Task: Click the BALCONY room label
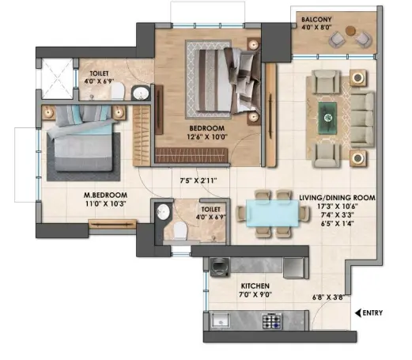click(x=316, y=19)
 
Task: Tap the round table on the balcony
click(x=350, y=30)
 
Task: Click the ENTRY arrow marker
click(x=357, y=313)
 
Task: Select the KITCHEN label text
click(x=255, y=286)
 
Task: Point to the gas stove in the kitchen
click(x=272, y=321)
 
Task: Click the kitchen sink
click(x=221, y=320)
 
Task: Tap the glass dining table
click(x=272, y=213)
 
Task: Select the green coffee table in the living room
click(x=327, y=118)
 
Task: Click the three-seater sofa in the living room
click(x=362, y=119)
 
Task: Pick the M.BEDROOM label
click(x=105, y=195)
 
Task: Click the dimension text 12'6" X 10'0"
click(x=207, y=137)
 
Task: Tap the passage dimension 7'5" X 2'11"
click(x=198, y=180)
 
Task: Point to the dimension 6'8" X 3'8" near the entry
click(x=328, y=297)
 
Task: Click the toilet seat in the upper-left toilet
click(x=117, y=91)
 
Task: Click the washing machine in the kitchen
click(x=220, y=267)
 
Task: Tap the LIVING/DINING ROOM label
click(x=337, y=198)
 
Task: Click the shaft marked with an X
click(x=58, y=78)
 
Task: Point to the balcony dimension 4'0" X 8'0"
click(x=316, y=27)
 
